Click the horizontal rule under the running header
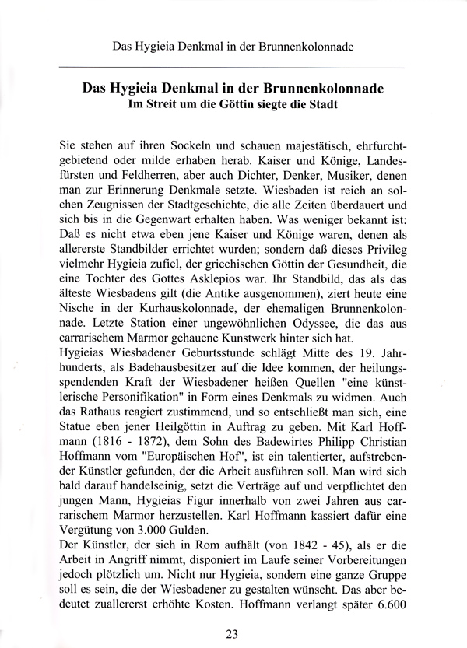tap(233, 68)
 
